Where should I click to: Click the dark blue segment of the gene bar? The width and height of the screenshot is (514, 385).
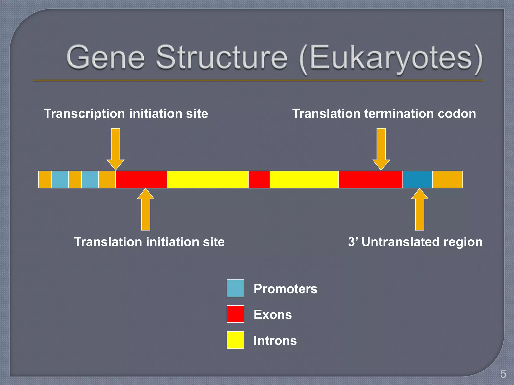coord(417,179)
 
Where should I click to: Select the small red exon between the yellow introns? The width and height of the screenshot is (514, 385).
coord(259,179)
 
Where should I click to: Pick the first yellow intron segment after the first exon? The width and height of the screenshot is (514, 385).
coord(208,179)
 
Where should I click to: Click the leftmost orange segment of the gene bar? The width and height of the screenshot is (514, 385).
coord(45,179)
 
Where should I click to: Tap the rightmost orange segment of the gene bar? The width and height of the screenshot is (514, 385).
coord(447,179)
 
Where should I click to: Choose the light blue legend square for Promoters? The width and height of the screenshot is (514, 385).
coord(235,288)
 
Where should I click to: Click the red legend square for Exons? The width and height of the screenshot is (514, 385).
coord(235,314)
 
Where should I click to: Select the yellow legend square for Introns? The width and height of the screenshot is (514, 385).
coord(235,340)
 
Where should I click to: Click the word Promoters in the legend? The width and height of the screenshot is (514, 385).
coord(285,289)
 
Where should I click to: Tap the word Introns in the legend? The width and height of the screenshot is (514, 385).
coord(275,341)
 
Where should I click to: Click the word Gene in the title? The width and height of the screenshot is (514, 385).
coord(105,58)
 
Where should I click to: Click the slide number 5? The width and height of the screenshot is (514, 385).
coord(503,374)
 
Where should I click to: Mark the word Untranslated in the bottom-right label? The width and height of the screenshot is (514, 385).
coord(401,242)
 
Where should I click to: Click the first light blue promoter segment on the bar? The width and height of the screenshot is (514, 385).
coord(60,179)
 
